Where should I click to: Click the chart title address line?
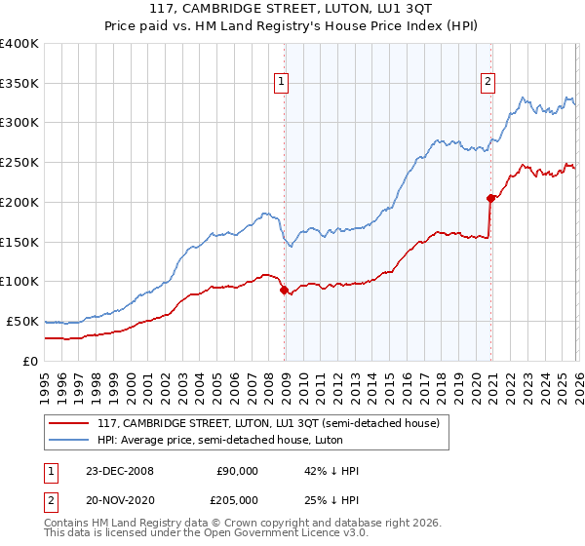tap(292, 11)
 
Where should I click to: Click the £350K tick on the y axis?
tap(19, 83)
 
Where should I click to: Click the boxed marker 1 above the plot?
tap(281, 83)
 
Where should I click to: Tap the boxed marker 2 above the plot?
tap(487, 83)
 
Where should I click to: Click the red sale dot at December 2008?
tap(284, 290)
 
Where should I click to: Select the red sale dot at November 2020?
tap(490, 198)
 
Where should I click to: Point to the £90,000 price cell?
tap(237, 471)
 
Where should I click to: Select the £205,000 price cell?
tap(237, 499)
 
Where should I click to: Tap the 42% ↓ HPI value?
tap(331, 471)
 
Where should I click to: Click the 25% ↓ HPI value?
tap(331, 499)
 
